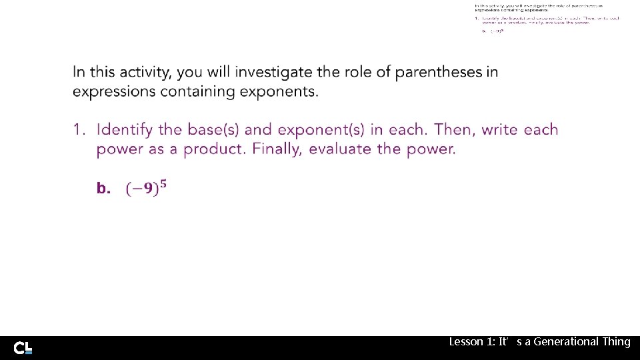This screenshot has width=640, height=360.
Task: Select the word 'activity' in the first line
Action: pos(142,72)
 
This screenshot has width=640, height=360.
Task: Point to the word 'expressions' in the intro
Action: pos(114,91)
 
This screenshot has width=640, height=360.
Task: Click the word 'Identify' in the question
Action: pos(125,129)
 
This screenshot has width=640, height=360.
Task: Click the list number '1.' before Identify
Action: pos(80,129)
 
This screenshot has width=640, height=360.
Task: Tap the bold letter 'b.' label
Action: pos(103,189)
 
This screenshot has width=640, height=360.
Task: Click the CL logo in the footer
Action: pos(23,347)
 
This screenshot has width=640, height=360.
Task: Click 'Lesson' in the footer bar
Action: pos(465,341)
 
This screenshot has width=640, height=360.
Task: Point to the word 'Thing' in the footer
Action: pos(616,341)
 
